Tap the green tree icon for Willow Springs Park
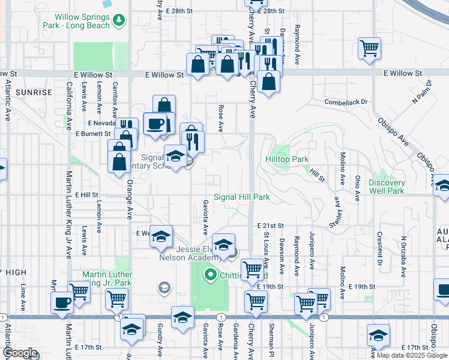point(120,20)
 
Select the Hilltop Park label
point(287,160)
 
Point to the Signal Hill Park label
point(241,197)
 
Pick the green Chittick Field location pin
point(210,275)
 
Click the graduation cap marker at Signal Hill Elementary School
point(175,156)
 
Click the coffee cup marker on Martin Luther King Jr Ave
point(61,301)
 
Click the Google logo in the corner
point(20,353)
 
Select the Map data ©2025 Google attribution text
point(412,355)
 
